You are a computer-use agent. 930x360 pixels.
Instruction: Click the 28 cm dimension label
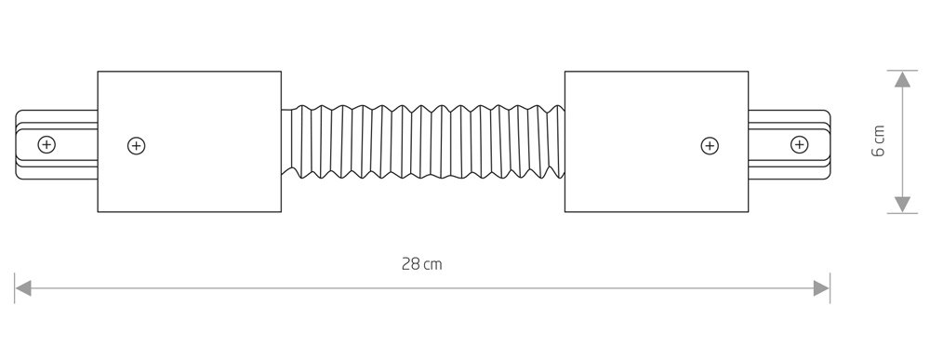[421, 264]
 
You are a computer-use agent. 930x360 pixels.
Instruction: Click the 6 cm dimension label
[879, 141]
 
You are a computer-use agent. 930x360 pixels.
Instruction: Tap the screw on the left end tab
[46, 144]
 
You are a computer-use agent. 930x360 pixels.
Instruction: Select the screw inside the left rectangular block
[137, 145]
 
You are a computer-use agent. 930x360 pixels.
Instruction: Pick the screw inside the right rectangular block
[710, 145]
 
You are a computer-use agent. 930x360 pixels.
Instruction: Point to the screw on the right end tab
[800, 144]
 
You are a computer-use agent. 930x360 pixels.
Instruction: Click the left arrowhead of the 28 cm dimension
[22, 288]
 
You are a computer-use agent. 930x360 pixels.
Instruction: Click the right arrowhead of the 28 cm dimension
[821, 288]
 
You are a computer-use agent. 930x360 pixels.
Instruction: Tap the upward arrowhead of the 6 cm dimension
[902, 79]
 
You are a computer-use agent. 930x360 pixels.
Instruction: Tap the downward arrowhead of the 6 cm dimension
[902, 204]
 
